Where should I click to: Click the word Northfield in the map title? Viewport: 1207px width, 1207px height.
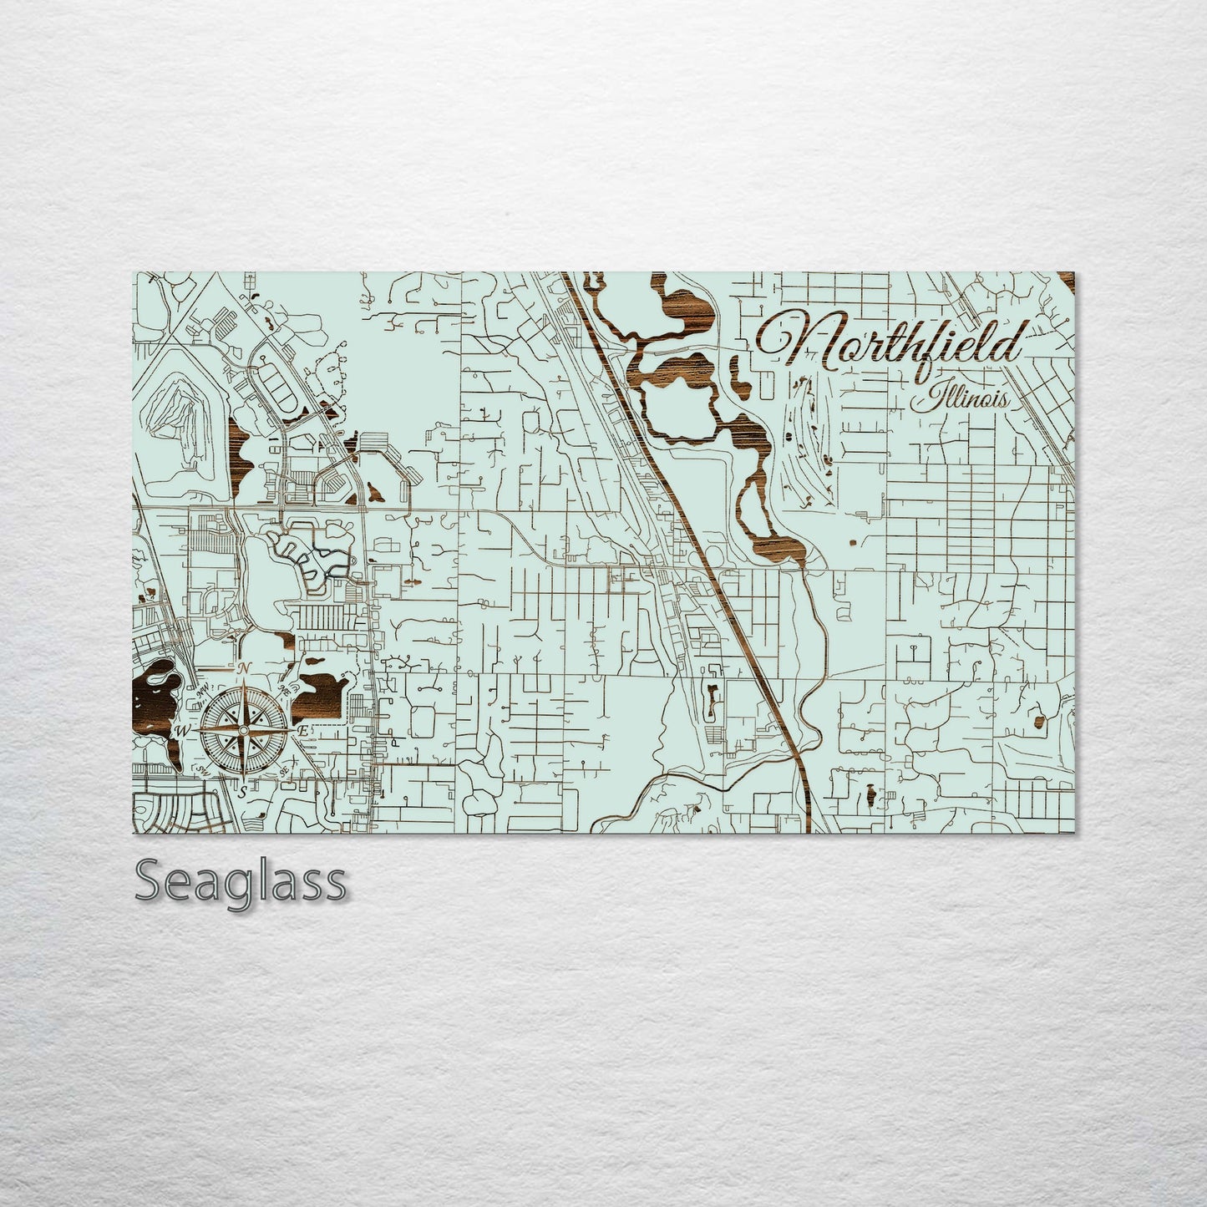pyautogui.click(x=890, y=342)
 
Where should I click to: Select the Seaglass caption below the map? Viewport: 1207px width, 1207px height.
pyautogui.click(x=240, y=882)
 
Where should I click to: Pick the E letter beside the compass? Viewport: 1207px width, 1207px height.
pyautogui.click(x=304, y=731)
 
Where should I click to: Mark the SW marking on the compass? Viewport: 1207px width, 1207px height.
pyautogui.click(x=203, y=771)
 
